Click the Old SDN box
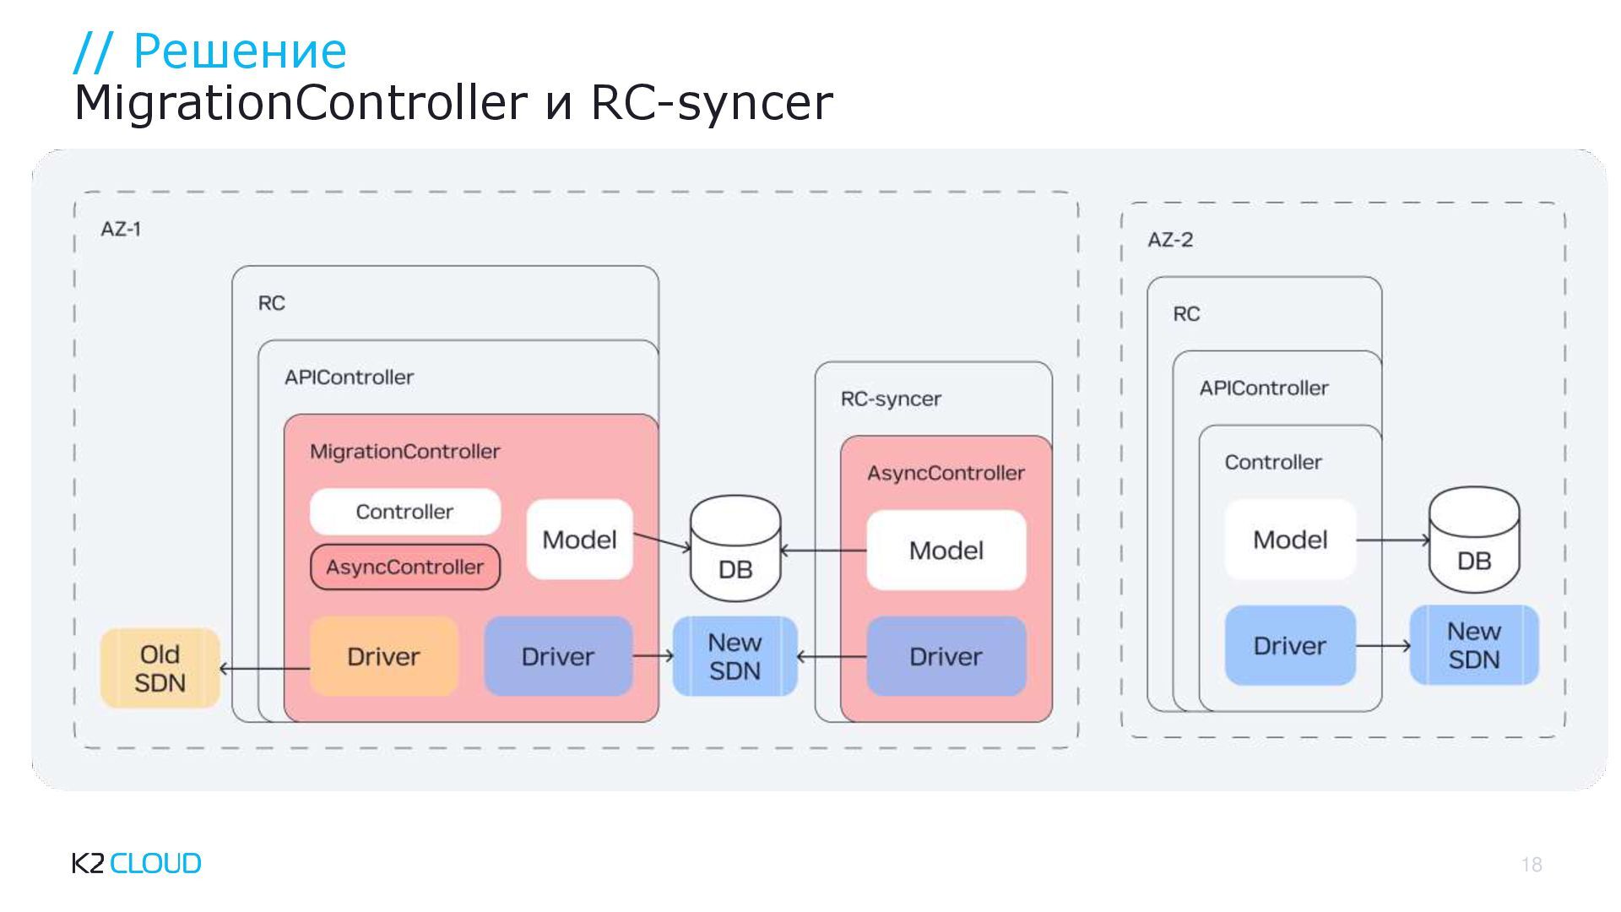tap(160, 668)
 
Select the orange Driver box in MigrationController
tap(383, 656)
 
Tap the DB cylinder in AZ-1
tap(735, 548)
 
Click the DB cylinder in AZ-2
tap(1473, 540)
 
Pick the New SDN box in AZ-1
tap(735, 656)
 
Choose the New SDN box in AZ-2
tap(1474, 645)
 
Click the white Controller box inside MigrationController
tap(404, 512)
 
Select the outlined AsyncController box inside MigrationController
tap(404, 567)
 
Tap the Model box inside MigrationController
tap(579, 540)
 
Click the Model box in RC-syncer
tap(946, 551)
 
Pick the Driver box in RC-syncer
tap(946, 656)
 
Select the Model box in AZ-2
tap(1290, 540)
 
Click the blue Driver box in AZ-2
tap(1290, 645)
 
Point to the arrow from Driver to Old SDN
tap(264, 669)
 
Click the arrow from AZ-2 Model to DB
tap(1392, 540)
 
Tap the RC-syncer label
tap(891, 399)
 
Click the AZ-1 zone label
tap(121, 229)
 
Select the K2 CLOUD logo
tap(137, 863)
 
